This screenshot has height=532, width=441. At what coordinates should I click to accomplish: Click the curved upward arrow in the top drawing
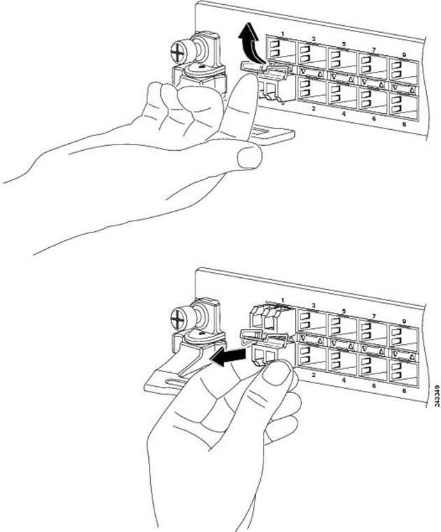(x=246, y=49)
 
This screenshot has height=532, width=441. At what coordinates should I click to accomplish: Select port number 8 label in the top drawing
(x=400, y=126)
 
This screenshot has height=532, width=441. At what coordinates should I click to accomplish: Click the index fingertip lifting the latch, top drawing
(x=243, y=83)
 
